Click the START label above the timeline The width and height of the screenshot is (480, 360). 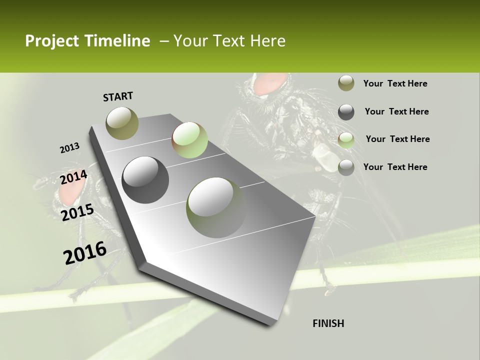coord(118,96)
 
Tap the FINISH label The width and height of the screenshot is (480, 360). coord(328,323)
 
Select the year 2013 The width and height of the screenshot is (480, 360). coord(69,148)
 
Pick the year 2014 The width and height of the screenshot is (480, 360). coord(73,177)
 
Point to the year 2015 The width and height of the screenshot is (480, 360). coord(77,212)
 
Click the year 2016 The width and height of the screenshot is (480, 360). coord(85,252)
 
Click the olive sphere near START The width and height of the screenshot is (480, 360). coord(122,123)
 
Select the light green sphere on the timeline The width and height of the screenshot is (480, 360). coord(189,140)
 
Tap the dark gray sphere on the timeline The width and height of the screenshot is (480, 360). coord(145,180)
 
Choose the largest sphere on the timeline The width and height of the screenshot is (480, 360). coord(216,207)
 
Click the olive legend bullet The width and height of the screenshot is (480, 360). coord(346,83)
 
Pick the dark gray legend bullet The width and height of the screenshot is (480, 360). coord(346,111)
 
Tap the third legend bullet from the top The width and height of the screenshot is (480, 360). coord(346,139)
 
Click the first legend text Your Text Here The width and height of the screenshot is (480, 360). coord(395,83)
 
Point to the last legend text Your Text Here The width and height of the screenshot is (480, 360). coord(395,167)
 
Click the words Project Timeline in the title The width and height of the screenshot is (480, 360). coord(87,41)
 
